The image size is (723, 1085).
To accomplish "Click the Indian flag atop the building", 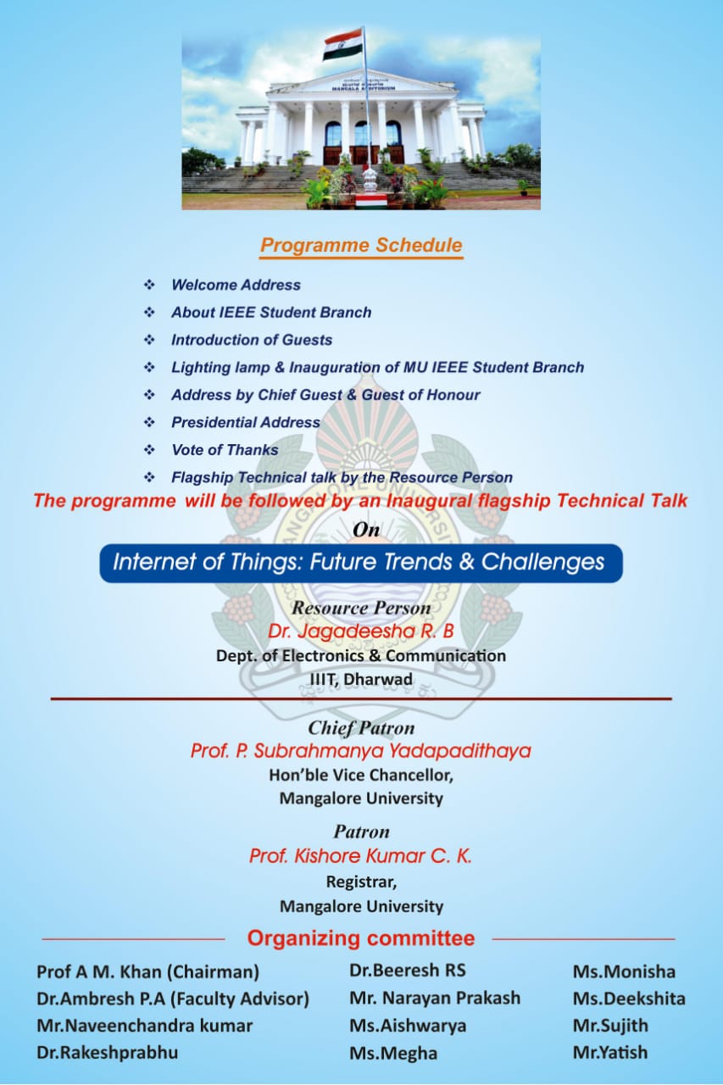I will [342, 44].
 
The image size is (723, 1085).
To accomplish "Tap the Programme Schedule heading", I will [361, 246].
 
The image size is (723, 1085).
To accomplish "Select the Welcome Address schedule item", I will [236, 285].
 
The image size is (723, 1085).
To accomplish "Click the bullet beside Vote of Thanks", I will [150, 449].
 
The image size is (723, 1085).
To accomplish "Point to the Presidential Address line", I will [246, 422].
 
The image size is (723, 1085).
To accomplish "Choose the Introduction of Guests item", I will [252, 340].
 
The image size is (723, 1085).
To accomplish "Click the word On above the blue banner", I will [366, 530].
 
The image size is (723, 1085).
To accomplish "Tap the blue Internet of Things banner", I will [361, 563].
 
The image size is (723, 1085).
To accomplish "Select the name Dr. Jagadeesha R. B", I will [361, 632].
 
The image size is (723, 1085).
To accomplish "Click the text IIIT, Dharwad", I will [361, 679].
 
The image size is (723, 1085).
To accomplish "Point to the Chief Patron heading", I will [361, 728].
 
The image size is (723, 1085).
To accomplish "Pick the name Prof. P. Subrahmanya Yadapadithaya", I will [361, 751].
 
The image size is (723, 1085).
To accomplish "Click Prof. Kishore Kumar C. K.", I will [361, 856].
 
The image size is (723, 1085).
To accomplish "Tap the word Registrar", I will [361, 881].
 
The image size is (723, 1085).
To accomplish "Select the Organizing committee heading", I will [361, 938].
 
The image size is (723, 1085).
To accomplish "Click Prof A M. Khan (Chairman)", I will [147, 971].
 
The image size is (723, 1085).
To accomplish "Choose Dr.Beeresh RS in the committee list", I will [408, 970].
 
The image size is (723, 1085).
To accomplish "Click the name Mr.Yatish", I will [610, 1052].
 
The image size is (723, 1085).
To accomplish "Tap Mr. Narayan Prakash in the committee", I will [435, 998].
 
